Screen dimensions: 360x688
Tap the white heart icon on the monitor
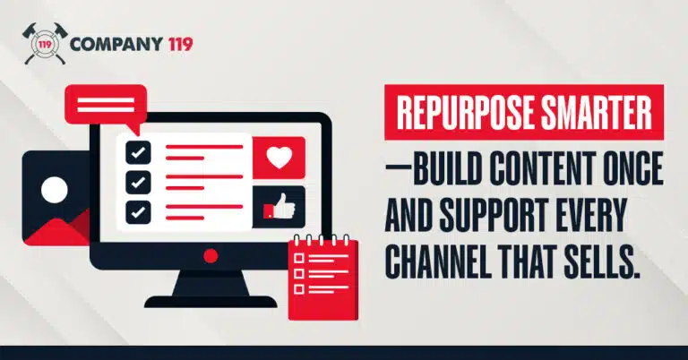tap(279, 158)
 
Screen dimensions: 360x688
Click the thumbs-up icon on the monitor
tap(278, 207)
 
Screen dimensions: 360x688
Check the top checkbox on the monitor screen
tap(137, 151)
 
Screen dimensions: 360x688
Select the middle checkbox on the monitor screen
tap(137, 182)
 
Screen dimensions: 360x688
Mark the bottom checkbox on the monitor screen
tap(137, 212)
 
